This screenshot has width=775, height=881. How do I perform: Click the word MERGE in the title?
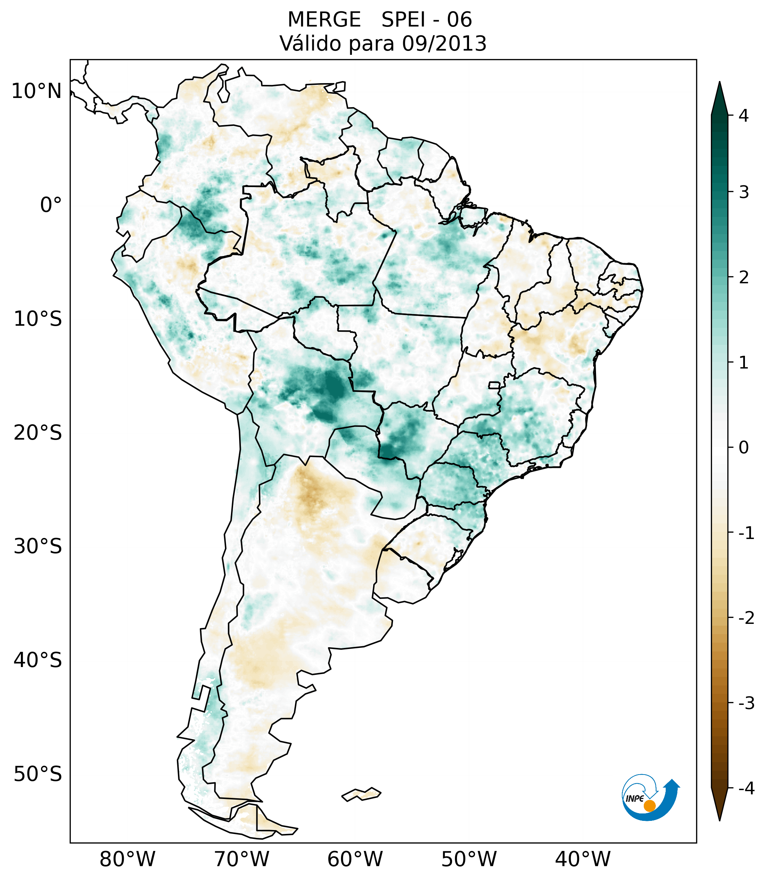(324, 20)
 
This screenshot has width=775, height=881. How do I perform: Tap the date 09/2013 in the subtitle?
(444, 44)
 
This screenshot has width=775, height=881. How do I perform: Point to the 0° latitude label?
(51, 205)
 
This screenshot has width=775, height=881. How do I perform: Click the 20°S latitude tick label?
(38, 433)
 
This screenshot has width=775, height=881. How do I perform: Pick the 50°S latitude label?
(38, 775)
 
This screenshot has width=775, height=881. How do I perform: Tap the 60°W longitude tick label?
(355, 859)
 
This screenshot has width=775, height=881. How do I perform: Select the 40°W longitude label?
(583, 859)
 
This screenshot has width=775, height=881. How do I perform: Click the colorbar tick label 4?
(744, 116)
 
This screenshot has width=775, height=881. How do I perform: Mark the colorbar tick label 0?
(744, 448)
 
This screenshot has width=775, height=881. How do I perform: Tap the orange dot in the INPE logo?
(649, 806)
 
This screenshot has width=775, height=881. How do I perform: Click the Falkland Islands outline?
(361, 794)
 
